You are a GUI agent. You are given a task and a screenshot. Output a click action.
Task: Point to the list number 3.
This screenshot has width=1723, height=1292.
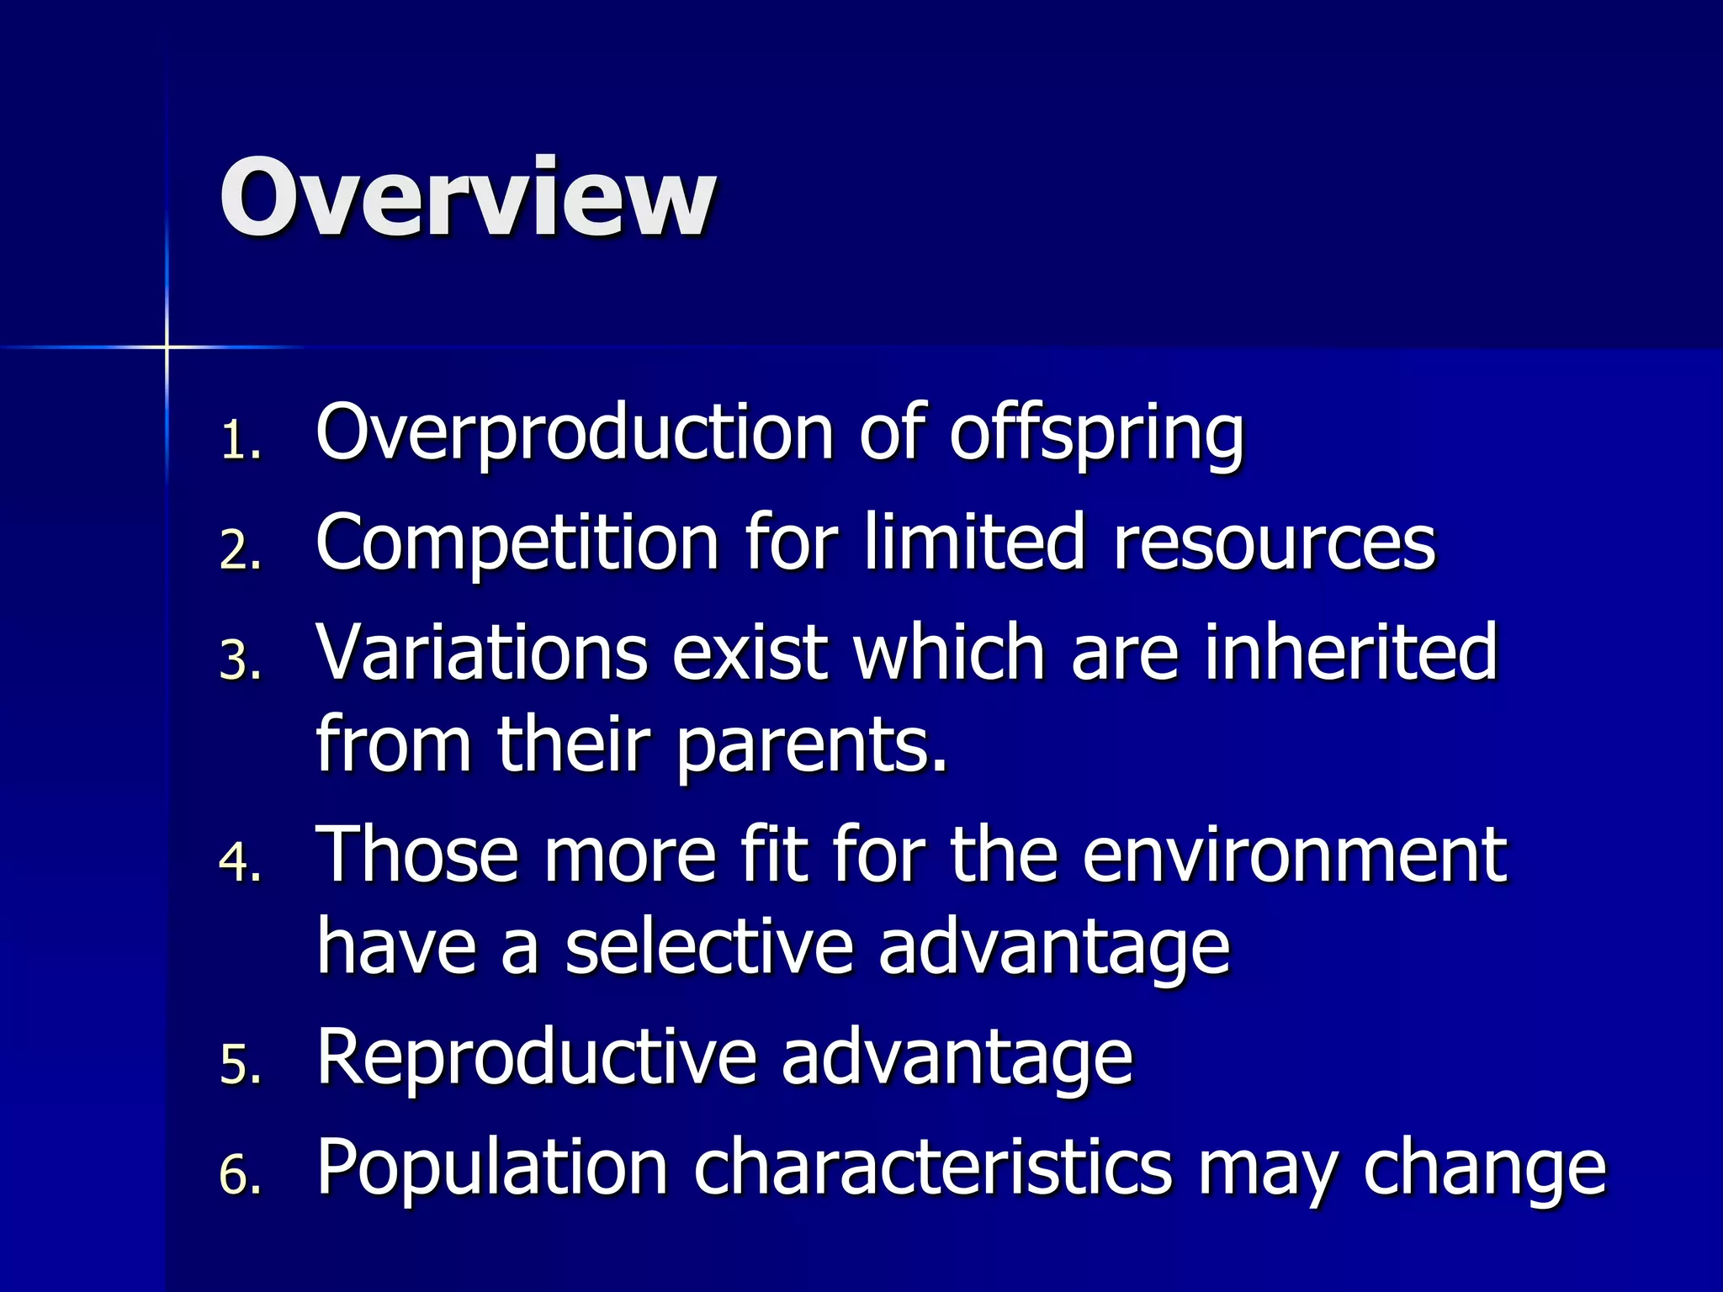(x=240, y=660)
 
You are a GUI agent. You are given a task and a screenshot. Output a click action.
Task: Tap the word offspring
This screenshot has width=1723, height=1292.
(x=1096, y=434)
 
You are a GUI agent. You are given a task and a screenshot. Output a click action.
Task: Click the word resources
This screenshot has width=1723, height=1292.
(x=1275, y=545)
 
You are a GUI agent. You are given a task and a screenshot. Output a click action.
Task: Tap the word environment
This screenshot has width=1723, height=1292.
(x=1294, y=855)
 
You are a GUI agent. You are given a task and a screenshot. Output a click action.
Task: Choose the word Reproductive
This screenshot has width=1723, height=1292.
(x=536, y=1058)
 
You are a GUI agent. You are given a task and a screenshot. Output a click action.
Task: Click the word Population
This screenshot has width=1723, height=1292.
(x=492, y=1168)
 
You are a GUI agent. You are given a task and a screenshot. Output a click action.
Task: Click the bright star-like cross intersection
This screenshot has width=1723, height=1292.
(x=167, y=347)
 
